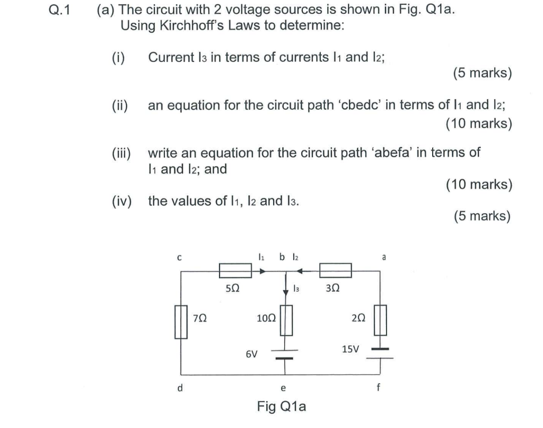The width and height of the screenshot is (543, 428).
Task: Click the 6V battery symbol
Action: pyautogui.click(x=286, y=354)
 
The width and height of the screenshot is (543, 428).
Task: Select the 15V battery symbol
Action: pyautogui.click(x=380, y=354)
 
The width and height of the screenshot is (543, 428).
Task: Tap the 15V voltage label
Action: pyautogui.click(x=351, y=350)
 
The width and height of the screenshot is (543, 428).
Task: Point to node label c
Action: pyautogui.click(x=179, y=258)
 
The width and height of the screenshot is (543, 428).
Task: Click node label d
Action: pyautogui.click(x=180, y=388)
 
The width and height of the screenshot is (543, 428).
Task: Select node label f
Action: pyautogui.click(x=378, y=388)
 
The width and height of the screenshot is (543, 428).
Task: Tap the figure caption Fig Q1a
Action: pyautogui.click(x=282, y=407)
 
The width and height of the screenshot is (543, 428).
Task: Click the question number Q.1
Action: pyautogui.click(x=58, y=11)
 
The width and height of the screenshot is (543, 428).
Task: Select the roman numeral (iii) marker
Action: pyautogui.click(x=124, y=153)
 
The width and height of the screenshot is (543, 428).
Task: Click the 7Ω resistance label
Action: pyautogui.click(x=199, y=318)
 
